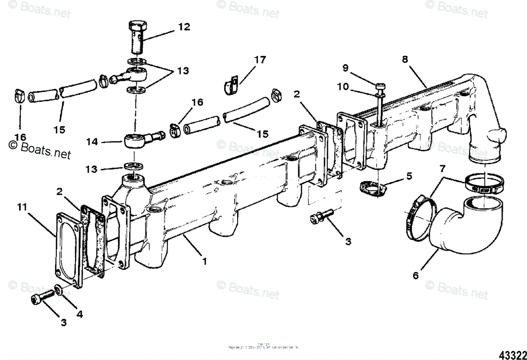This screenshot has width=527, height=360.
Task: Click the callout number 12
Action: [x=184, y=27]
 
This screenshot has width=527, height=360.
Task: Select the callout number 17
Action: [x=260, y=60]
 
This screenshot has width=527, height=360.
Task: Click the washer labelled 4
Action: [x=58, y=290]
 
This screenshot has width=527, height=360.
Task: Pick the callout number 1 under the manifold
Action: [x=204, y=260]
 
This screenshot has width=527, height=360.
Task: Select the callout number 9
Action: [x=345, y=68]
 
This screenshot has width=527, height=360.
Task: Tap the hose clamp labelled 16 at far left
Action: [x=18, y=94]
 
